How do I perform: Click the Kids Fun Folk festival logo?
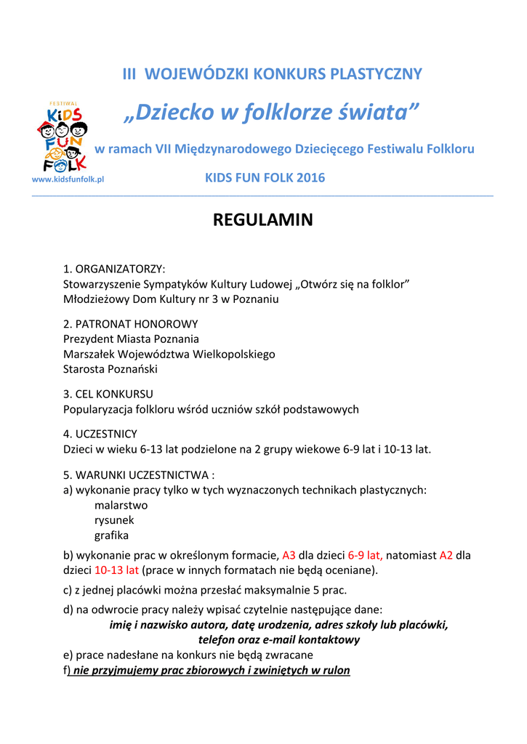point(62,137)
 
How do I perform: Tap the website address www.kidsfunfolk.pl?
point(68,179)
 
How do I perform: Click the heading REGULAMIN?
point(262,219)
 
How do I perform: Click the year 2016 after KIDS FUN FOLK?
point(312,178)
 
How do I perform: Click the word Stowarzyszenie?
point(102,283)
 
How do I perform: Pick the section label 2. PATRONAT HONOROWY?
point(130,323)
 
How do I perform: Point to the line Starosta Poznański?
point(110,369)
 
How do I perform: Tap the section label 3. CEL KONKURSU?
point(108,394)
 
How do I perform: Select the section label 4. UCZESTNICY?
point(100,434)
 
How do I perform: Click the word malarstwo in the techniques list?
point(121,505)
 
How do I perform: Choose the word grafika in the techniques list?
point(111,535)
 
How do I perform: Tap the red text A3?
point(289,555)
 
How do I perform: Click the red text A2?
point(446,555)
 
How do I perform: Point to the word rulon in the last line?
point(337,670)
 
